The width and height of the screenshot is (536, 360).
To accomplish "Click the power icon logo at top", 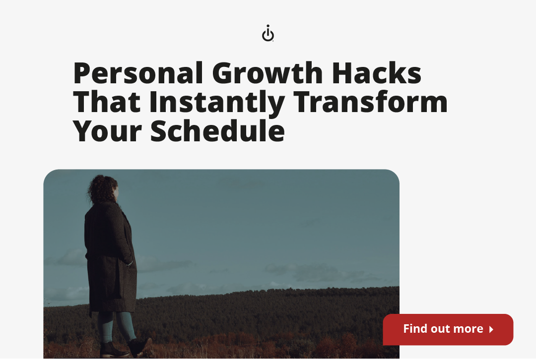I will tap(268, 34).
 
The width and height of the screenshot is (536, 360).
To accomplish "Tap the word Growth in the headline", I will tap(268, 73).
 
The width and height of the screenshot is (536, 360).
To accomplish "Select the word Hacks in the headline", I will tap(377, 73).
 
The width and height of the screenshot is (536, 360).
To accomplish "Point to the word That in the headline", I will tap(107, 102).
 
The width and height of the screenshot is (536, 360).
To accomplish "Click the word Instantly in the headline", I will tap(217, 102).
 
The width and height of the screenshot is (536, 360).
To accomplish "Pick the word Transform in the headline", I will tap(371, 102).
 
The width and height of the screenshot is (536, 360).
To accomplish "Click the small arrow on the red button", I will tap(491, 329).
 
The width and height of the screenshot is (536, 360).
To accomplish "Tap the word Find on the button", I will tap(415, 329).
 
